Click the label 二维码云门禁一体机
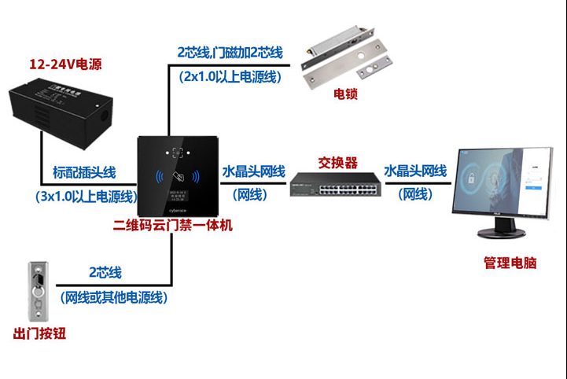(x=173, y=226)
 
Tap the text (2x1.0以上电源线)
(x=229, y=76)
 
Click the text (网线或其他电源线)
(x=115, y=296)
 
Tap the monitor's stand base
(x=503, y=234)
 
